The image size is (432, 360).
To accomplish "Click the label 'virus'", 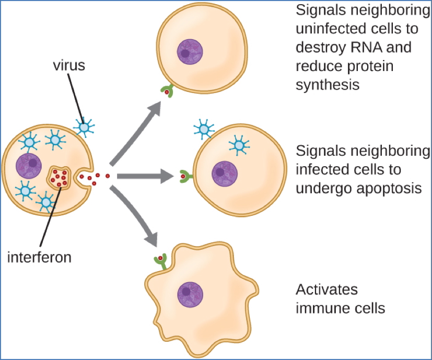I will click(68, 67).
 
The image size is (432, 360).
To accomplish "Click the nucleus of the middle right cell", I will click(224, 172).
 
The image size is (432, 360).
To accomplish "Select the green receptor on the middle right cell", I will click(185, 177).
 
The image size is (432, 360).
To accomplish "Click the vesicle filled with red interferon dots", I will click(61, 179).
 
